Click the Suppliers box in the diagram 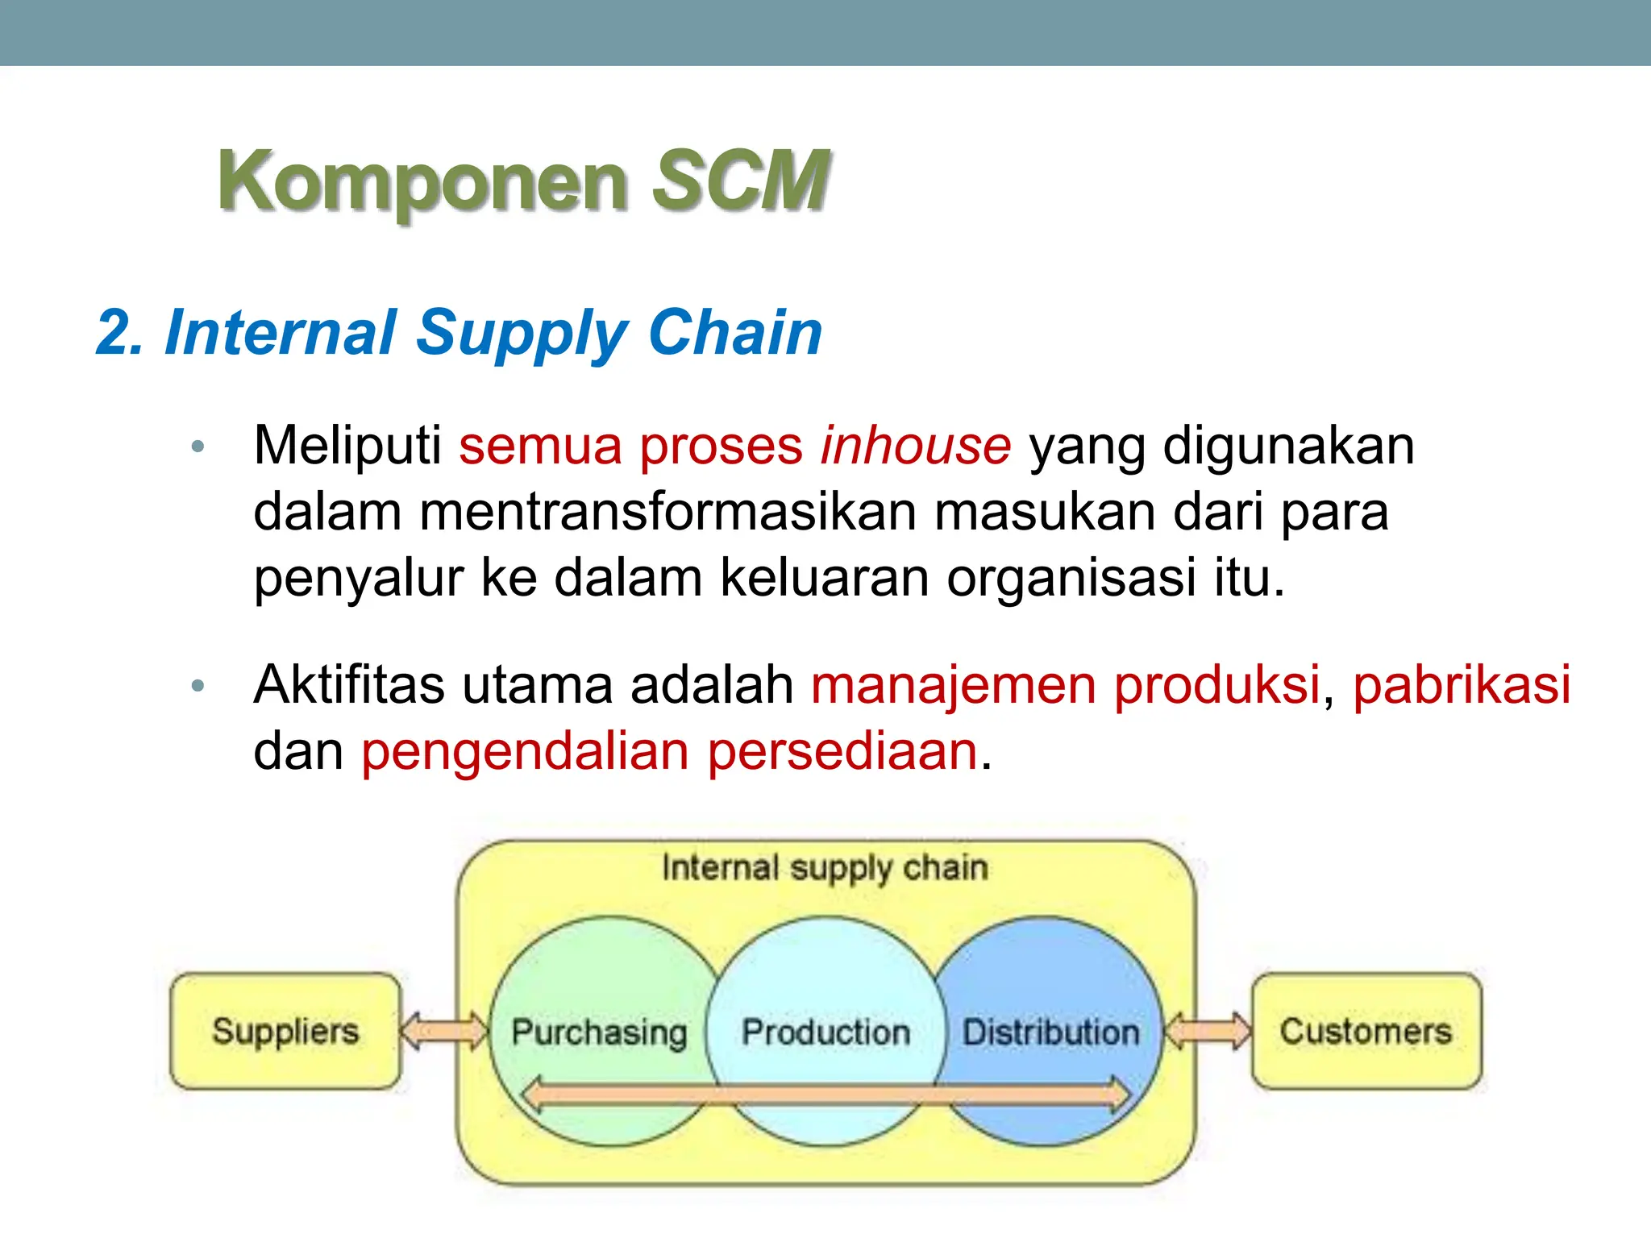(285, 1031)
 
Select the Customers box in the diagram (1366, 1031)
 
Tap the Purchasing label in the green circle (599, 1032)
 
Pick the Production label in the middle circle (825, 1032)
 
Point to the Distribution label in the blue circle (1051, 1032)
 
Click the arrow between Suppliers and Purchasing (445, 1031)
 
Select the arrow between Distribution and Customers (1208, 1031)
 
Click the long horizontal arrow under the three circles (825, 1095)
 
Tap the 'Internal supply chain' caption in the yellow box (825, 868)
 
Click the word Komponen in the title (422, 181)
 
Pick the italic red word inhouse (915, 446)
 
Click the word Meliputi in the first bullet (347, 446)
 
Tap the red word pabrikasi (1462, 685)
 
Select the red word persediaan (842, 751)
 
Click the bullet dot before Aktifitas (198, 686)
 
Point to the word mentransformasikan (668, 512)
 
